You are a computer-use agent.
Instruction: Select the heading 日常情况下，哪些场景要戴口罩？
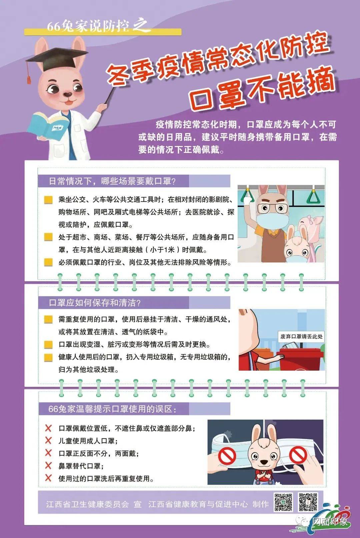tap(112, 181)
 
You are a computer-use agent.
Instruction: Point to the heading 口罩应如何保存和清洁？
tap(95, 303)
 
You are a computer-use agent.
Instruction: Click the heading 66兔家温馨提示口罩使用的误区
tap(112, 409)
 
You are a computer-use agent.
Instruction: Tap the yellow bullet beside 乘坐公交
tap(49, 200)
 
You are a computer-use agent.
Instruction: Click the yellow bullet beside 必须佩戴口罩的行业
tap(49, 262)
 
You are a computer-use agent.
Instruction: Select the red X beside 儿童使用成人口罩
tap(49, 441)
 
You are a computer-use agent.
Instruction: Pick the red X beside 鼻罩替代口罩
tap(49, 466)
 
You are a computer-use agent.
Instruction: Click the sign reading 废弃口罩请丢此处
tap(301, 336)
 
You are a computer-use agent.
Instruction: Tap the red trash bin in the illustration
tap(300, 358)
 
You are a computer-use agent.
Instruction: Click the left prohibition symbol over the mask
tap(227, 455)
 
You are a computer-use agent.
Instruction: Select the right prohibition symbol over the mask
tap(298, 455)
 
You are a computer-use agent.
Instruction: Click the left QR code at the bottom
tap(283, 502)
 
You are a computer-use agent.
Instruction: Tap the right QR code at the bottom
tap(308, 502)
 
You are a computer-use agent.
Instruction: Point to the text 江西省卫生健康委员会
tap(87, 504)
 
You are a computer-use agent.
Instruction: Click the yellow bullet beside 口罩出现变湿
tap(49, 344)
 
